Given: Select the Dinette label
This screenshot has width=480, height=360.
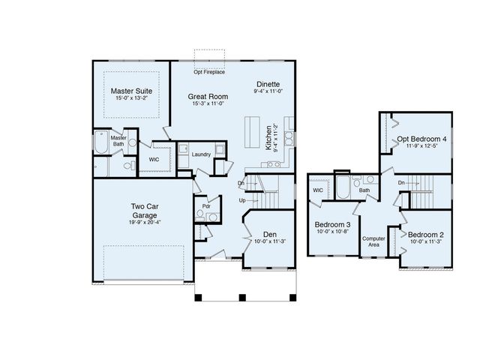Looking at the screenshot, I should (268, 84).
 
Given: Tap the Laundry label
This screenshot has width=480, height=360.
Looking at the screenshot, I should (200, 154).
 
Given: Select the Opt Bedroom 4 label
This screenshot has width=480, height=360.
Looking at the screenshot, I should (421, 139).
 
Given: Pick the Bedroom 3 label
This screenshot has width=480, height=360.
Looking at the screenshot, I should (332, 225).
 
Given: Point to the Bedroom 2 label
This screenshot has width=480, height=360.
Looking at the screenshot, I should (427, 234).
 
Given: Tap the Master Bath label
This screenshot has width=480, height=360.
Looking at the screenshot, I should (118, 140).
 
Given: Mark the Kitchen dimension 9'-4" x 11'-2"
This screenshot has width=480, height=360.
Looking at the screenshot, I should (276, 139).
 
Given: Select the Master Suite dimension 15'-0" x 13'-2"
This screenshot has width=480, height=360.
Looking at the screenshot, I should (131, 97).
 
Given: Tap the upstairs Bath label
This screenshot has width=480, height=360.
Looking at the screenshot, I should (364, 190).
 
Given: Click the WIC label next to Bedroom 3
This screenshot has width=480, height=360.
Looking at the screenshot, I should (317, 190).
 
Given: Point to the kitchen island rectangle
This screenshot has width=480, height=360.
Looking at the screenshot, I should (251, 136).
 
